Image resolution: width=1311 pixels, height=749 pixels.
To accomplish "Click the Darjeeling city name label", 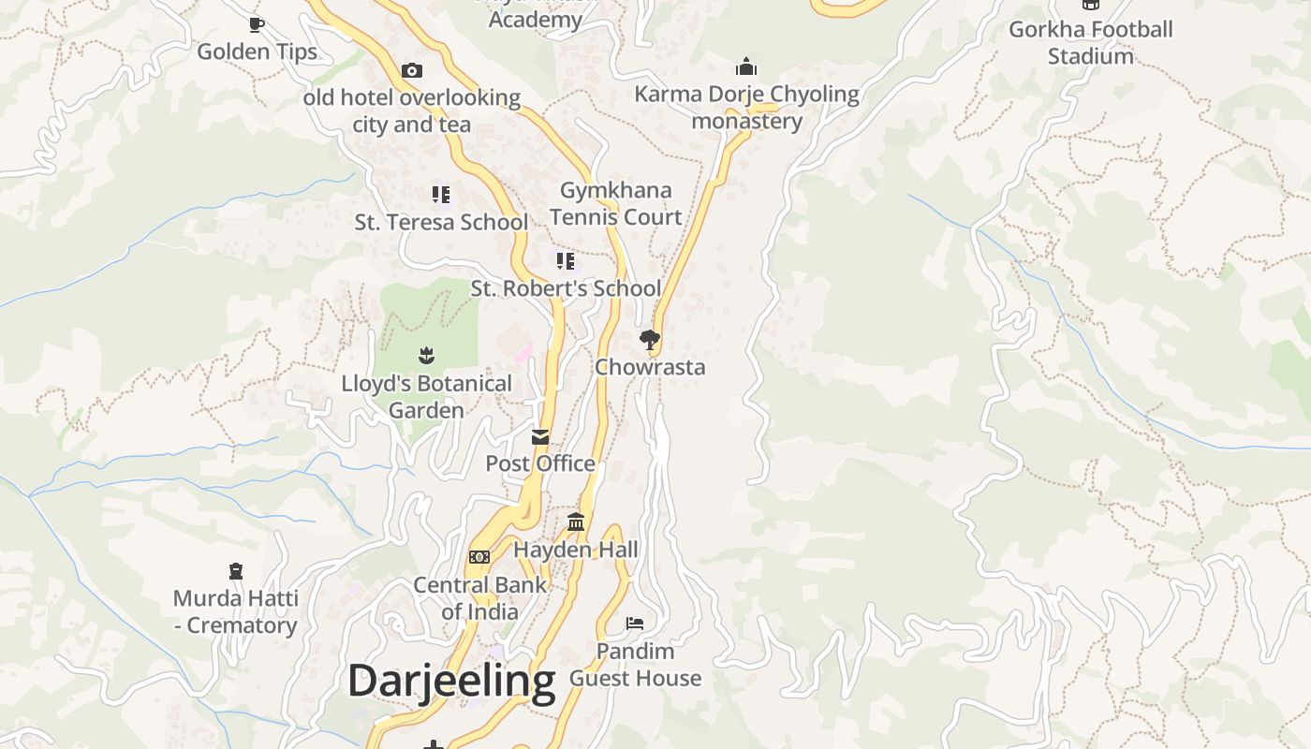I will click(451, 681).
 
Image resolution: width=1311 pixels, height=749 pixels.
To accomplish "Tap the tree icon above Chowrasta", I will click(650, 339).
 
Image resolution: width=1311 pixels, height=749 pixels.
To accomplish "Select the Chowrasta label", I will click(650, 367).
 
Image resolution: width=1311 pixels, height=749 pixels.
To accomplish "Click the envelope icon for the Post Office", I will click(540, 437).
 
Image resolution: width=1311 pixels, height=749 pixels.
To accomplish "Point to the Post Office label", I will click(540, 463).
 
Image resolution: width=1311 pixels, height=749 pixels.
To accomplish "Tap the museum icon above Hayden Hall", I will click(576, 522).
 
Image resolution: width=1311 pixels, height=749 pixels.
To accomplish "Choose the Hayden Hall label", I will click(576, 550).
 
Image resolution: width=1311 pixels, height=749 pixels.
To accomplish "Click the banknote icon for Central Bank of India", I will click(479, 557).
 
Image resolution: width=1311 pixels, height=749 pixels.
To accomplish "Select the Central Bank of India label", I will click(479, 598).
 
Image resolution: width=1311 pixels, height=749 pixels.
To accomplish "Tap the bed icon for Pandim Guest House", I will click(635, 624).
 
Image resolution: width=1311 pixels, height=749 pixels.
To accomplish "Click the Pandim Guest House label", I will click(635, 665).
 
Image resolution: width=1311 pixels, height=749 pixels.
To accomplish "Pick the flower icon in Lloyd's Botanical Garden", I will click(427, 356).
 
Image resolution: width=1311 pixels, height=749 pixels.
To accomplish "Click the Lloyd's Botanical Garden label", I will click(426, 397).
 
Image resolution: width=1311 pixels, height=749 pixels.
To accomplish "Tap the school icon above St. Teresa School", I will click(441, 195).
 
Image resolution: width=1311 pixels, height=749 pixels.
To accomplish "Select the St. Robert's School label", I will click(566, 288).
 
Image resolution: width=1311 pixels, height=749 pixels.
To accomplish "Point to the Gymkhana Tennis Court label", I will click(615, 203).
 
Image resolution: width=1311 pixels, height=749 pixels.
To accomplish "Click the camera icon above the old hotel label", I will click(412, 70).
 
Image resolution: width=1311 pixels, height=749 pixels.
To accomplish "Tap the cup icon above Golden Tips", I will click(257, 24).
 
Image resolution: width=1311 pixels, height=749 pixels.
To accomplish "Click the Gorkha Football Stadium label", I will click(1090, 42).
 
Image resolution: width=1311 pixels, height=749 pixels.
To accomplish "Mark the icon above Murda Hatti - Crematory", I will click(236, 571).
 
